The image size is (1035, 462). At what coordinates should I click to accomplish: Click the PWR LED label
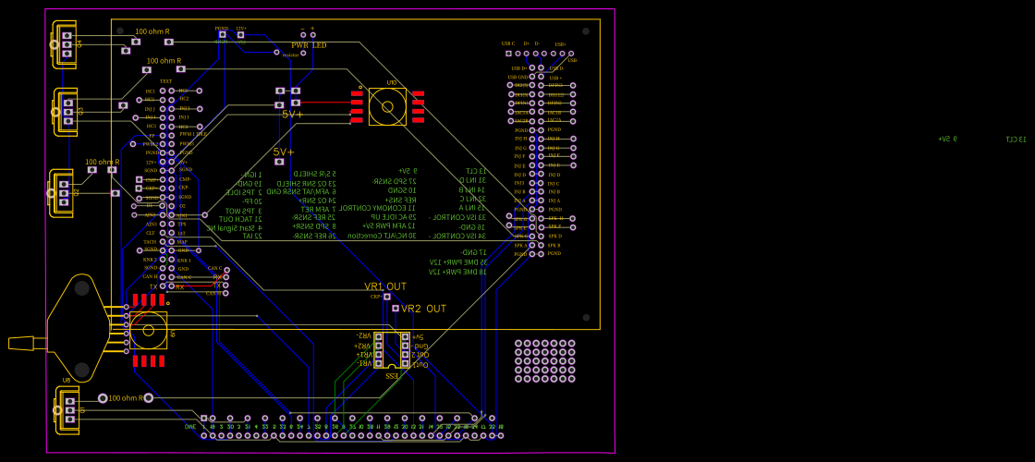309,45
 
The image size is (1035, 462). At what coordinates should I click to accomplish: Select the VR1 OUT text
384,286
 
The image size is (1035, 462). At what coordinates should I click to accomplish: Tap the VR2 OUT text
423,309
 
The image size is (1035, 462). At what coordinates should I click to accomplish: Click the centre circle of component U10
387,106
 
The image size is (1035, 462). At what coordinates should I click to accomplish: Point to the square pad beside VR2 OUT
396,309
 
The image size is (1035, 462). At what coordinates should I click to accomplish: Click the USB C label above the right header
508,43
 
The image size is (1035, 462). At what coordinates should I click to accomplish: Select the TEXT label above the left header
165,81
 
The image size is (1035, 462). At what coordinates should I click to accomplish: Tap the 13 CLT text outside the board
1016,140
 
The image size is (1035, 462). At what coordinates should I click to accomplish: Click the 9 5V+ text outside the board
947,140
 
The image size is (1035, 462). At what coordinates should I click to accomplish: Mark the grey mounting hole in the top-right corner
585,31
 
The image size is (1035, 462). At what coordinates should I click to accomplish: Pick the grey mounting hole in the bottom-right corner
585,317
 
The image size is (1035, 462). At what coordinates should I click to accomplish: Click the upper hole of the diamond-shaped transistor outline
82,288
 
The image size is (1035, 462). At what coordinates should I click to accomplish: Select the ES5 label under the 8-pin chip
392,375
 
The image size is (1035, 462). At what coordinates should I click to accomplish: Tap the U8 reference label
66,380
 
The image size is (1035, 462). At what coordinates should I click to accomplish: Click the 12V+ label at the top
241,29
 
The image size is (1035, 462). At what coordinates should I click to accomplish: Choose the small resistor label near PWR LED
290,55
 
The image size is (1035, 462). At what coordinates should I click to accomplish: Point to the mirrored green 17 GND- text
474,252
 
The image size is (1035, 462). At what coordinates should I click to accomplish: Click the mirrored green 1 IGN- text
252,174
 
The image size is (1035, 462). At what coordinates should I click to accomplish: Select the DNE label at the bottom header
190,427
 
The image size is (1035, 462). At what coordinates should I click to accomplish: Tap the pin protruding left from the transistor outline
21,344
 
